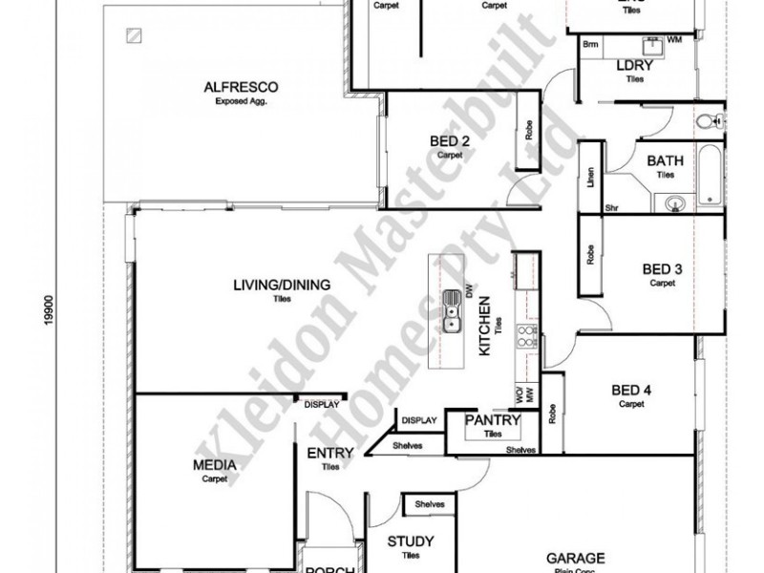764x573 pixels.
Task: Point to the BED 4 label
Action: point(631,391)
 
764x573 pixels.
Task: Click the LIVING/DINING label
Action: point(281,285)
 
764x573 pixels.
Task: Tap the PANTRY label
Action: point(492,421)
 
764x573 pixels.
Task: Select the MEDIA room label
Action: point(214,465)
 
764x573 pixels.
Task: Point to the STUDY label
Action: point(412,541)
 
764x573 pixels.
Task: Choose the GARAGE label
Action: point(575,557)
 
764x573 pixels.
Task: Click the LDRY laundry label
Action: point(634,66)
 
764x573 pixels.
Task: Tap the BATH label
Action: point(665,161)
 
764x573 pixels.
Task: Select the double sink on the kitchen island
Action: point(452,312)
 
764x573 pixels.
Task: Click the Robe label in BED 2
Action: point(528,131)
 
